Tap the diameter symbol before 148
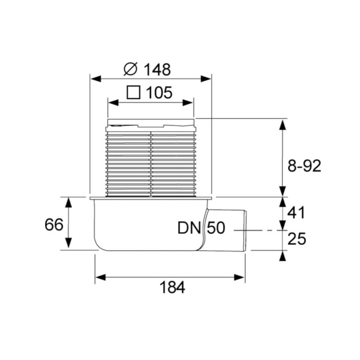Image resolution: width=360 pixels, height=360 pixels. click(130, 69)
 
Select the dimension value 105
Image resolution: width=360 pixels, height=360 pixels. click(159, 92)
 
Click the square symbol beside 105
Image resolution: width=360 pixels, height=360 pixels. click(134, 92)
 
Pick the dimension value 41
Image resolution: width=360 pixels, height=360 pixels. click(296, 212)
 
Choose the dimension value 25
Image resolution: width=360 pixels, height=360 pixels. click(296, 239)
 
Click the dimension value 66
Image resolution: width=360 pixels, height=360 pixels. click(55, 225)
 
